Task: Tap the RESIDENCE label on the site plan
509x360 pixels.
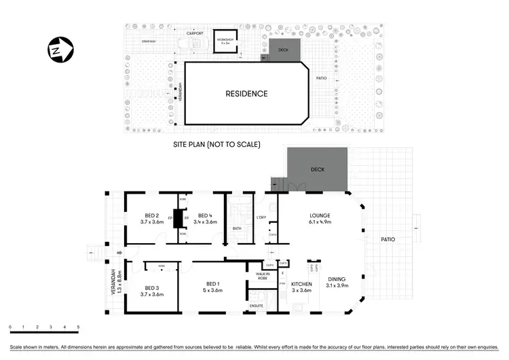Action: tap(246, 94)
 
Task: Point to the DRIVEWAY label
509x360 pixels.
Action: tap(149, 41)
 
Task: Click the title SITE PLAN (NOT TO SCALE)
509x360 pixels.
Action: tap(217, 145)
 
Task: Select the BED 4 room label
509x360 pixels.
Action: tap(205, 216)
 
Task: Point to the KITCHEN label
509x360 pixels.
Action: tap(301, 284)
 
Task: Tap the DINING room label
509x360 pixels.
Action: tap(337, 278)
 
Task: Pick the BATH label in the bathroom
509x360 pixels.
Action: tap(236, 229)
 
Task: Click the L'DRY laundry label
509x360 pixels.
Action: tap(261, 217)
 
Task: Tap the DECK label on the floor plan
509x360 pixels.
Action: tap(318, 169)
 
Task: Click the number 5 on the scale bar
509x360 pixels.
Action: tap(78, 327)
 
